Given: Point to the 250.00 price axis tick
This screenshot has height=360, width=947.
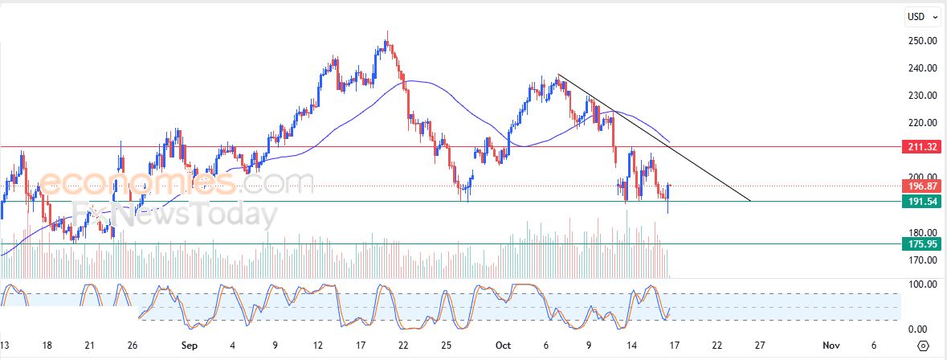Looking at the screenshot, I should [918, 41].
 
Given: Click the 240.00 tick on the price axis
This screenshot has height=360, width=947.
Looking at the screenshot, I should [918, 68].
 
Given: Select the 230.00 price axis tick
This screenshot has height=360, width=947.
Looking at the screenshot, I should [918, 96].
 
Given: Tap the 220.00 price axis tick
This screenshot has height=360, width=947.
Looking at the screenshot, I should [918, 123].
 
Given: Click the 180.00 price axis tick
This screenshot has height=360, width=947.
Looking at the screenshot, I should [918, 233].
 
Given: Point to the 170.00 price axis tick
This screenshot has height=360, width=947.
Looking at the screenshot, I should [918, 260].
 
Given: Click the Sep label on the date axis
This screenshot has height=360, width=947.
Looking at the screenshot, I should [189, 346].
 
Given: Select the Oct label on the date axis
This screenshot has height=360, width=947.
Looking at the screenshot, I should [504, 346].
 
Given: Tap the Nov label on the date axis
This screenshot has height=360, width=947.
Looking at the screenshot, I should [831, 346].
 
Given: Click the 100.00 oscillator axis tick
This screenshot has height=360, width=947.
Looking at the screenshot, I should [918, 284].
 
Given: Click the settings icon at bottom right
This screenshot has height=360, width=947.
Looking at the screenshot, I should [924, 346].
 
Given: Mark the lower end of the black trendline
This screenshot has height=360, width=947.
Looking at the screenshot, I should [749, 201].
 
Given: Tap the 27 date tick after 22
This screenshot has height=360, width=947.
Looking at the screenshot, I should [757, 346].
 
